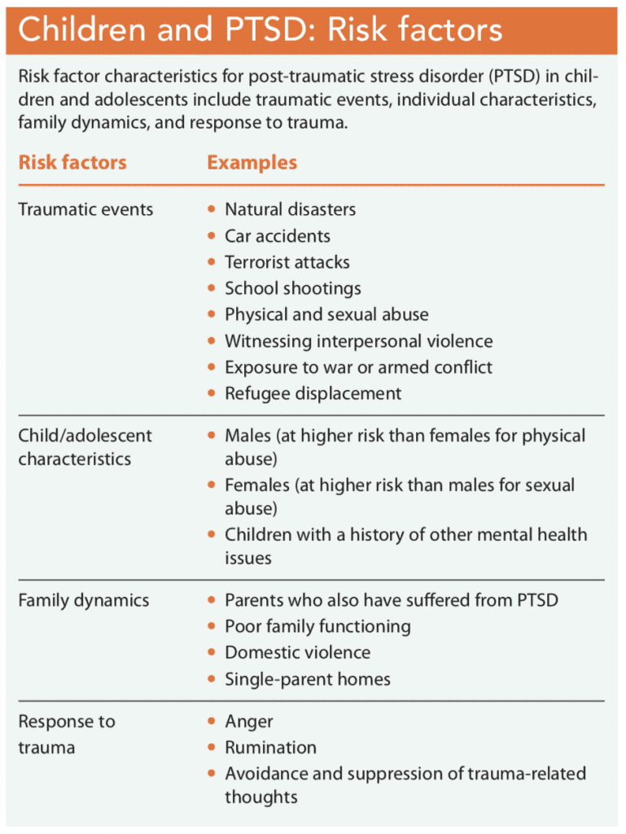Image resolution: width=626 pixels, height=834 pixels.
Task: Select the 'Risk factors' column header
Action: pos(72,162)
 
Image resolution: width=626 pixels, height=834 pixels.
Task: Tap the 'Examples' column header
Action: pos(252,162)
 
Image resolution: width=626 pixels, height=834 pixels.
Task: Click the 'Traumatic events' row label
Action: pos(85,209)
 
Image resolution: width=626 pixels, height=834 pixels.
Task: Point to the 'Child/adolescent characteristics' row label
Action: pos(85,447)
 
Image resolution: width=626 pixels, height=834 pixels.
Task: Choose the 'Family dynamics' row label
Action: pos(84,600)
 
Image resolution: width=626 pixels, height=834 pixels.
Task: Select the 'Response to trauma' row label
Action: pos(67,734)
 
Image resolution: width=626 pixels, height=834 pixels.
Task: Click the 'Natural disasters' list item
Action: pos(290,209)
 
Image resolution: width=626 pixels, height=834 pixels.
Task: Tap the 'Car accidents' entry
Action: pos(278,236)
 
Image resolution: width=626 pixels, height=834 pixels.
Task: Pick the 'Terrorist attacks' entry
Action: pos(287,262)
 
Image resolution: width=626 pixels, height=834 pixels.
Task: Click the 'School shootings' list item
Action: pos(293,288)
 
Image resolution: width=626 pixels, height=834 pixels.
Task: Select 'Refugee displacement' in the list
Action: pos(313,393)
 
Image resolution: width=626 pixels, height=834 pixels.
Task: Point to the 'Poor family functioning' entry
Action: pos(317,626)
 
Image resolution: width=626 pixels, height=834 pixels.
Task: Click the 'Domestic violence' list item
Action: pos(297,652)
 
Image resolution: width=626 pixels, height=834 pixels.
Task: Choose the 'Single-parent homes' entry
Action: pos(308,678)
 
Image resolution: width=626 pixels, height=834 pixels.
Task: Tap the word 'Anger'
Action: pos(249,722)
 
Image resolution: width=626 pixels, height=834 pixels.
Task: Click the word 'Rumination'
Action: pos(270,748)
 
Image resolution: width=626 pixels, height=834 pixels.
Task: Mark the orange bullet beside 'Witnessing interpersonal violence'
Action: pos(212,341)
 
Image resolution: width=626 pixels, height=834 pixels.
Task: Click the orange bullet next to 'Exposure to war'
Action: pos(212,367)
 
